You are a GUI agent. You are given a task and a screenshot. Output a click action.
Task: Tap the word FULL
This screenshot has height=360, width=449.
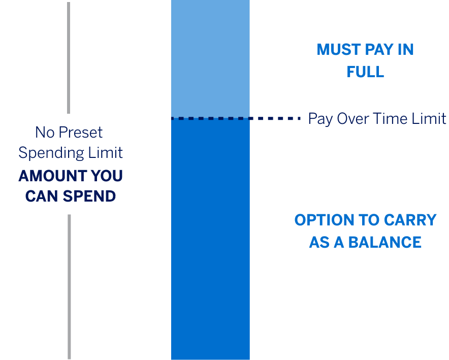[365, 72]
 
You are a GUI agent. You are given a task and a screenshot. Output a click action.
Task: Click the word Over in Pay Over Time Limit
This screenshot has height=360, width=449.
[353, 118]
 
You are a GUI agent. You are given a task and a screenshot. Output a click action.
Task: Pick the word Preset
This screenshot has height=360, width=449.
[80, 132]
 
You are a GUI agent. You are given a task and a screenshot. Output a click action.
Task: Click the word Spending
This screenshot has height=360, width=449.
[51, 153]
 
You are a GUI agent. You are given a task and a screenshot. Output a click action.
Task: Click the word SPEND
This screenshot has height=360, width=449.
[89, 197]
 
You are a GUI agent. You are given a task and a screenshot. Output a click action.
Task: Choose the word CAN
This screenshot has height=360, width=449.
[42, 197]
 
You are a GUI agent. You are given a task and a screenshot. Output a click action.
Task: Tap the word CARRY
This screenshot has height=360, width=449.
[410, 220]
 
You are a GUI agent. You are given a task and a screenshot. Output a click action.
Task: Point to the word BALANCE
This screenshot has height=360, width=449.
[384, 242]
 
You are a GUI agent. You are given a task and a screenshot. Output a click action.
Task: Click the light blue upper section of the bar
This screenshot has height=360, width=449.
[210, 58]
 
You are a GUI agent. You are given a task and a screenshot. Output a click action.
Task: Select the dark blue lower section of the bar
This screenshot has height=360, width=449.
[210, 239]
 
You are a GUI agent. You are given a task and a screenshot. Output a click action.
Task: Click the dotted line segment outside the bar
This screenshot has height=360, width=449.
[275, 118]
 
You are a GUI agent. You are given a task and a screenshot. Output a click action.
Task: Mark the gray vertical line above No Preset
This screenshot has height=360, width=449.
[69, 58]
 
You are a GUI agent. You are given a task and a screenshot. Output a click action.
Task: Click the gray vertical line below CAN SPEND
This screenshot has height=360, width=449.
[69, 287]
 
